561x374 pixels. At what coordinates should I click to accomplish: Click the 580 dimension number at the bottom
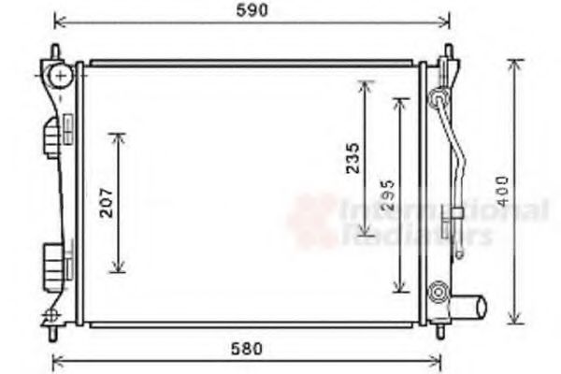pyautogui.click(x=245, y=350)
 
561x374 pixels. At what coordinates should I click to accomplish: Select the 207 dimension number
pyautogui.click(x=107, y=203)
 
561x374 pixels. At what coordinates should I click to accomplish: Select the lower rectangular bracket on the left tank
pyautogui.click(x=54, y=259)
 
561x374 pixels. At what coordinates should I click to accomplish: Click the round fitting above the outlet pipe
pyautogui.click(x=437, y=293)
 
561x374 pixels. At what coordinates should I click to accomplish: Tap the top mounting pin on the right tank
pyautogui.click(x=448, y=51)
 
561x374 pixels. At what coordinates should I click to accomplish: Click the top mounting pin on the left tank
pyautogui.click(x=54, y=50)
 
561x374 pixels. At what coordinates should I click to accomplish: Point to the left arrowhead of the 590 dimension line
pyautogui.click(x=58, y=21)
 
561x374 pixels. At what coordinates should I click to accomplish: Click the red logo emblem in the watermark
pyautogui.click(x=312, y=220)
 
